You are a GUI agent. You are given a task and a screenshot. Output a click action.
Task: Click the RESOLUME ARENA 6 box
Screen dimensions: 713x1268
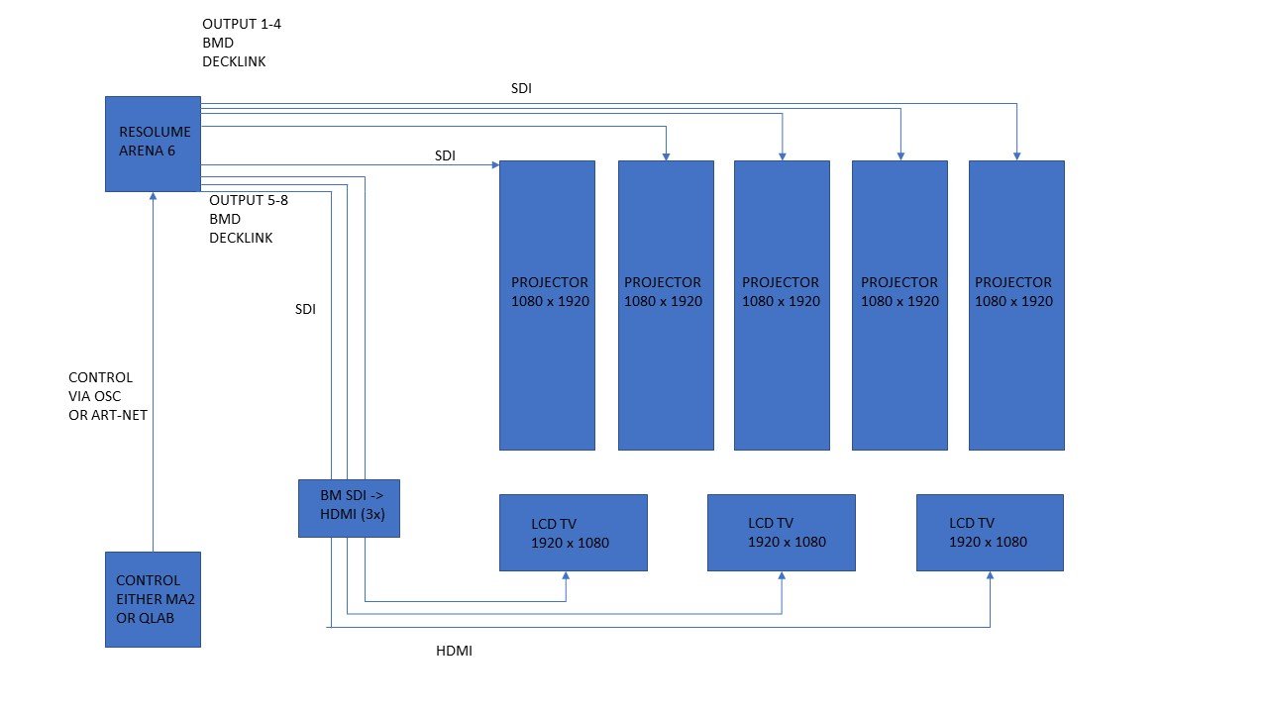point(154,144)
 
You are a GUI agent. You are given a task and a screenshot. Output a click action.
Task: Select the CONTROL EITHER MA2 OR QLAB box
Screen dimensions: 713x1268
point(154,599)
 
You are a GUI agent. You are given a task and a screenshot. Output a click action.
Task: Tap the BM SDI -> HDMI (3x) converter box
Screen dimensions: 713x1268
point(349,508)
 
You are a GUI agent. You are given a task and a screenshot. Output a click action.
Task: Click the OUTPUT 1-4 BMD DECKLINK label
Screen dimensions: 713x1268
point(234,43)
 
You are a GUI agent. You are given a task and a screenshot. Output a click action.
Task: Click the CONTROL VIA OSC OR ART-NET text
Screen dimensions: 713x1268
point(108,396)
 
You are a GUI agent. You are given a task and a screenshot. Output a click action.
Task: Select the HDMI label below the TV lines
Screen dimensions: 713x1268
point(454,652)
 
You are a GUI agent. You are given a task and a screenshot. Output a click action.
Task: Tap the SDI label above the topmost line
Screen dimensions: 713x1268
point(522,88)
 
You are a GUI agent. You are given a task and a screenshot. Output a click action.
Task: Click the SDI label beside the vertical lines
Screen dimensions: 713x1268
point(305,309)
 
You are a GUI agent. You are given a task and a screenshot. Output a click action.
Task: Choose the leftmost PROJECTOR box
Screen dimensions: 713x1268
point(547,305)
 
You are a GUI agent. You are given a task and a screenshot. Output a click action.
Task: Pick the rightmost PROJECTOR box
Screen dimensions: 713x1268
point(1016,305)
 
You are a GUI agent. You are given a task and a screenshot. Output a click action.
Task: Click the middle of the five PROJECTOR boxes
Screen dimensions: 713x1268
point(782,305)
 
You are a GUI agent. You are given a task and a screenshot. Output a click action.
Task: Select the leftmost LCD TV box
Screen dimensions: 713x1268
point(573,533)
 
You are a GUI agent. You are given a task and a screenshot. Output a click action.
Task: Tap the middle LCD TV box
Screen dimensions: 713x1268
point(782,533)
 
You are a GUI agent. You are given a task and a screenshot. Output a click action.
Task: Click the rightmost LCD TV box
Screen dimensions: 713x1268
point(990,533)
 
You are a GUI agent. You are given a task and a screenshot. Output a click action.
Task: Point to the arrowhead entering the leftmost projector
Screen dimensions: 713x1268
point(494,165)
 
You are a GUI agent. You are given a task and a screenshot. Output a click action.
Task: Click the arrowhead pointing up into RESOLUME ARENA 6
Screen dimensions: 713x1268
point(153,197)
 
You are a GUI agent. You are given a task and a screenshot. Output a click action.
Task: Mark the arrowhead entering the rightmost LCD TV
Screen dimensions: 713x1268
point(990,576)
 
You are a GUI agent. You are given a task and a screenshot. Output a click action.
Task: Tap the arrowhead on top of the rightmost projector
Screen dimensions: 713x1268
point(1016,155)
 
